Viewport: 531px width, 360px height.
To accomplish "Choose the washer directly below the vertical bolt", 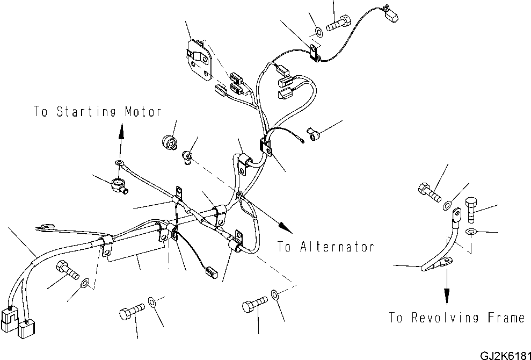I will [x=470, y=232].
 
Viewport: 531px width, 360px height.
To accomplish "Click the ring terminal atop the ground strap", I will [x=458, y=215].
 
